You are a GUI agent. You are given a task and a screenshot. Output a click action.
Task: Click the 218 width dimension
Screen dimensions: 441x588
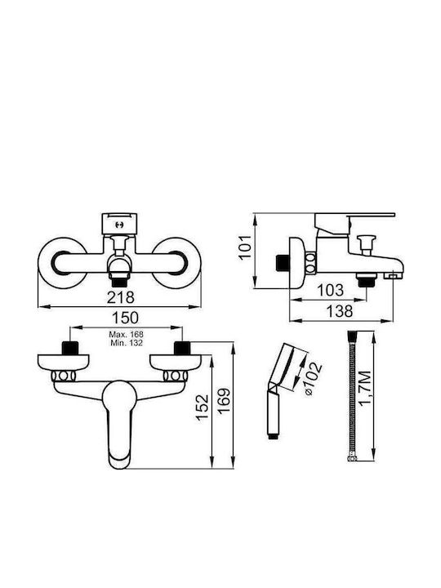point(121,297)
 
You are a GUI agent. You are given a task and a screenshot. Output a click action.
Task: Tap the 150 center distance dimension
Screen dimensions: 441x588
point(126,318)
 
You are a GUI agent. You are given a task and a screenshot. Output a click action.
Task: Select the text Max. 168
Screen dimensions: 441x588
point(127,334)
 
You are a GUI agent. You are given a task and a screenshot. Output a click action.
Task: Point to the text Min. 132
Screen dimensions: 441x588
point(127,343)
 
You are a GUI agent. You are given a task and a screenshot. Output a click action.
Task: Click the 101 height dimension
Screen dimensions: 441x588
point(245,247)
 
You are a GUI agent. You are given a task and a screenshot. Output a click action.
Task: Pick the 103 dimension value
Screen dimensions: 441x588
point(331,290)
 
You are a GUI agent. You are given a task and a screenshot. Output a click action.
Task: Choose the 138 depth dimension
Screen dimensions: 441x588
point(340,311)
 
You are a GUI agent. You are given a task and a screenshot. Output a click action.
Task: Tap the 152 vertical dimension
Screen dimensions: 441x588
point(203,408)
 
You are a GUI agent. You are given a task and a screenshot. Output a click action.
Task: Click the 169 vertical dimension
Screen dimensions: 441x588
point(224,401)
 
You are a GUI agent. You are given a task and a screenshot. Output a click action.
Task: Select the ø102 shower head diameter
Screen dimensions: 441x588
point(313,377)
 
